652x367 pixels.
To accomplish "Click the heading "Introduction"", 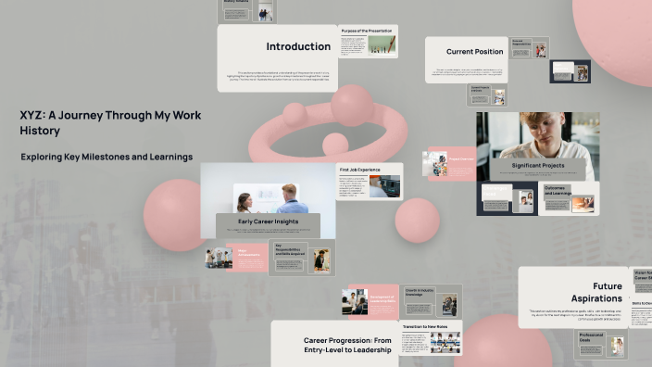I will pos(298,46).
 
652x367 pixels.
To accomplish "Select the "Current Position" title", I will pos(474,52).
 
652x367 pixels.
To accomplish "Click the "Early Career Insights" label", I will pos(268,221).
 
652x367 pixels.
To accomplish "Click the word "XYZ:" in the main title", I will pos(34,116).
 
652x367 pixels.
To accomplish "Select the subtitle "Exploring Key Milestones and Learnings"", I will pos(107,157).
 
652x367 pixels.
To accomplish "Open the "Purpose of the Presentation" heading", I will pos(368,31).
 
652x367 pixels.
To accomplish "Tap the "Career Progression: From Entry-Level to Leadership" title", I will pos(347,347).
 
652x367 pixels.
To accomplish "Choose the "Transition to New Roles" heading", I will pos(425,327).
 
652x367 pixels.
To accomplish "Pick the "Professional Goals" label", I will pos(592,337).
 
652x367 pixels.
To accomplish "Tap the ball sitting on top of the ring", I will pos(352,105).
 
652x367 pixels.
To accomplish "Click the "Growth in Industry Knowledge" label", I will pos(419,293).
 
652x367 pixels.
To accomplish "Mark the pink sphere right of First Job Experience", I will pos(417,221).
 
